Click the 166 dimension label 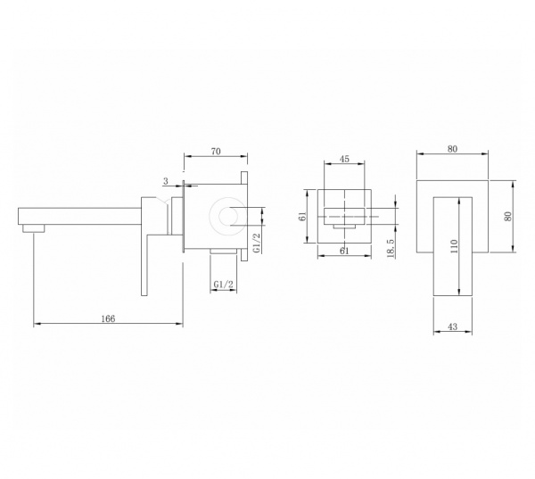click(x=108, y=318)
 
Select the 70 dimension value click(x=216, y=152)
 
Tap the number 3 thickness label click(x=166, y=181)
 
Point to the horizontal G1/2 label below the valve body click(x=224, y=284)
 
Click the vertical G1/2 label click(x=257, y=244)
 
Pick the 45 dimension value click(x=344, y=159)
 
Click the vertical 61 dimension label click(x=302, y=217)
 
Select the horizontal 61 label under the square click(x=344, y=251)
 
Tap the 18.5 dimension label click(x=391, y=248)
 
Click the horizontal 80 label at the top click(x=452, y=149)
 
